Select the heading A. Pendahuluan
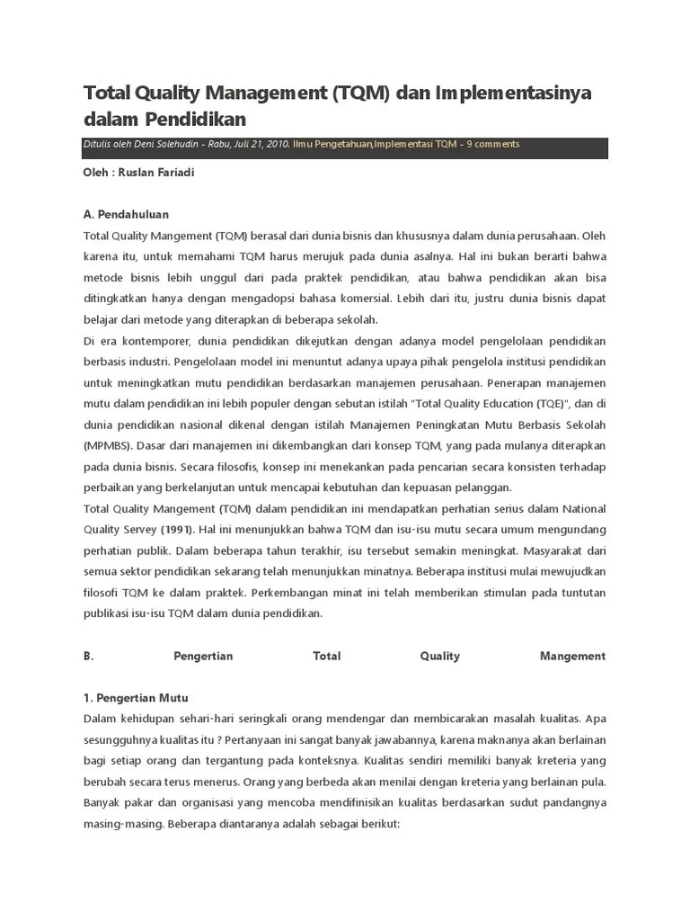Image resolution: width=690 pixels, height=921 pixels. [126, 215]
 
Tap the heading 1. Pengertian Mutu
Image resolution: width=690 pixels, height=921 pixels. [136, 698]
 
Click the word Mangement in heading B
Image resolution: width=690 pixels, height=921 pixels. [572, 656]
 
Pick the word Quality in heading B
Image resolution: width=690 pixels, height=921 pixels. [439, 656]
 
